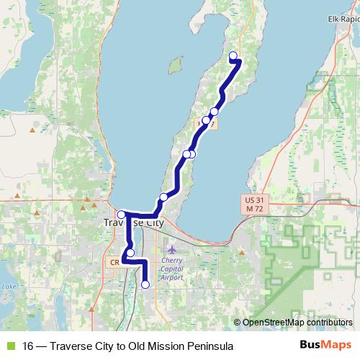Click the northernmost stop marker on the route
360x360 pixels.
233,55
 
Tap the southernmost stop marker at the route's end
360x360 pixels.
145,284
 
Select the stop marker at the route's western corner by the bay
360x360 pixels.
121,214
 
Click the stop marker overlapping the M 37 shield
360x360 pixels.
206,120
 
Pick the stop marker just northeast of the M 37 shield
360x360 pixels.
214,112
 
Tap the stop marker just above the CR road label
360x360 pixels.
130,253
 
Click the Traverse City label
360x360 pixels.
133,223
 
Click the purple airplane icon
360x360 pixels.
171,250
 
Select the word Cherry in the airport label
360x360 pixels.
173,260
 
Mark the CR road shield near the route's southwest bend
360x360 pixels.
114,262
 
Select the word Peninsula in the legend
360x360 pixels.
209,346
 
